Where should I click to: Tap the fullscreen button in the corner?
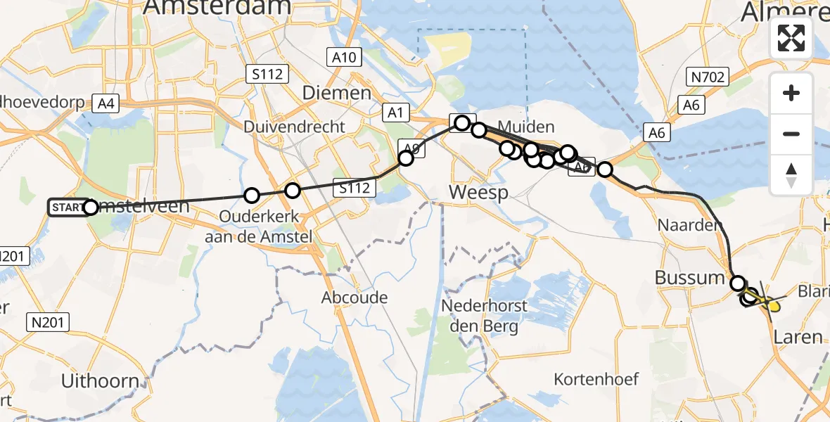pos(791,38)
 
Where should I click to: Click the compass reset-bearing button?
pos(791,174)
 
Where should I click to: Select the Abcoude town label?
pos(355,298)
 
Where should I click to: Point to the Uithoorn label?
pos(100,381)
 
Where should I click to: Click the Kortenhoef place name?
pos(596,379)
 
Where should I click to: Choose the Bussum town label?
pos(689,277)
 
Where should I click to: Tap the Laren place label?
pos(798,338)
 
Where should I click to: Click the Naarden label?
pos(689,226)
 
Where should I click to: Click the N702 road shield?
pos(708,77)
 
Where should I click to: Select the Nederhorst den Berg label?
pos(480,316)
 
